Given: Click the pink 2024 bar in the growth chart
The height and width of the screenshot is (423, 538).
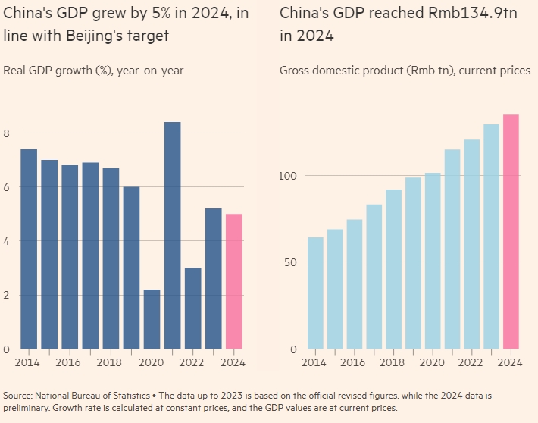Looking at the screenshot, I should tap(234, 281).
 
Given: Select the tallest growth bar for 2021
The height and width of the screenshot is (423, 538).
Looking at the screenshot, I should tap(172, 235).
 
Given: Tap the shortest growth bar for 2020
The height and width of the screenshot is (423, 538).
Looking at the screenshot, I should tap(152, 319).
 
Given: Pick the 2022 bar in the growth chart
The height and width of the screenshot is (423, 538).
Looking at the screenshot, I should tap(192, 308).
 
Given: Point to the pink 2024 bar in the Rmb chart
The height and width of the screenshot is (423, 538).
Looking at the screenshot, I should tap(511, 231).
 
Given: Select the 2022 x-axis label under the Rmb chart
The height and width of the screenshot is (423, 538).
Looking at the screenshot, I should tap(471, 363).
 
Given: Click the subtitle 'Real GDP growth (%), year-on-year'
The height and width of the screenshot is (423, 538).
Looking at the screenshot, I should tap(93, 70).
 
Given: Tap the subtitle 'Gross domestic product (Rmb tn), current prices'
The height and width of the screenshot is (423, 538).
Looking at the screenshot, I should tap(405, 70).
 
